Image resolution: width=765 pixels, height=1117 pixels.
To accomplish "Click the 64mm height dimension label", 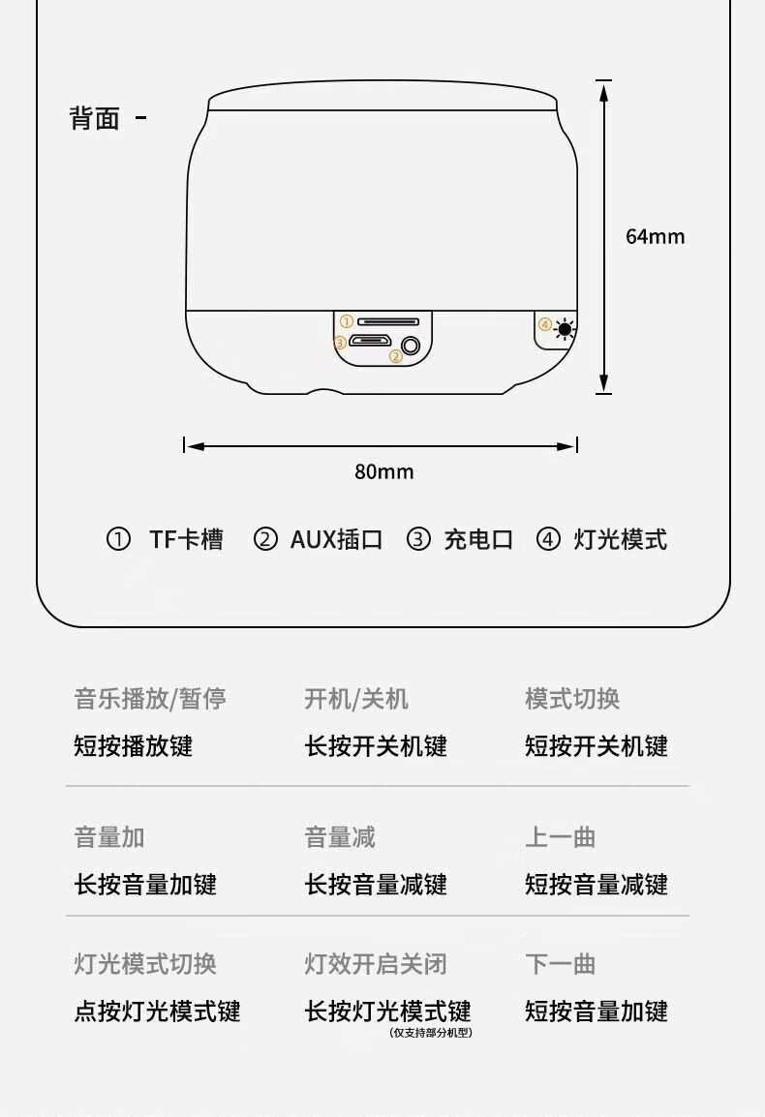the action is click(x=656, y=236).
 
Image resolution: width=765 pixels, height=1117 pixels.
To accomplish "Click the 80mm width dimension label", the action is click(x=384, y=471).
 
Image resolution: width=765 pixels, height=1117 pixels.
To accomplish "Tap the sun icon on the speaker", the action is click(x=566, y=329).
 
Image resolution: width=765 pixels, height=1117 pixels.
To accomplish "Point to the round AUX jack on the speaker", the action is click(x=411, y=347).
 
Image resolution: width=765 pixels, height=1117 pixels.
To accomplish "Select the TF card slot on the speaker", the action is click(x=388, y=322).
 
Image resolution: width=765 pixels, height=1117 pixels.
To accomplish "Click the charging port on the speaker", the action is click(x=369, y=341).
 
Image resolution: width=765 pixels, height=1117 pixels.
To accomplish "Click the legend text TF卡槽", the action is click(x=186, y=539).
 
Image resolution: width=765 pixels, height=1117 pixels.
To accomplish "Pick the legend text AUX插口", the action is click(x=337, y=539).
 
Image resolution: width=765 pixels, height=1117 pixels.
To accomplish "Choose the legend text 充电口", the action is click(x=478, y=539).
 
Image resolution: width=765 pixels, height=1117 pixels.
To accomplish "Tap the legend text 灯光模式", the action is click(x=621, y=539).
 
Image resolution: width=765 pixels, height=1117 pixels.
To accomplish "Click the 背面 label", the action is click(x=94, y=118).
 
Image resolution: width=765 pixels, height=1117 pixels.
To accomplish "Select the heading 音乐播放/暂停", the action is click(x=150, y=699).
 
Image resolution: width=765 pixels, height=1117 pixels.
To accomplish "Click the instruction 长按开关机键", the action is click(x=376, y=746).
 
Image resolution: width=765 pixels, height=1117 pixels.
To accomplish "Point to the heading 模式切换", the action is click(x=572, y=699).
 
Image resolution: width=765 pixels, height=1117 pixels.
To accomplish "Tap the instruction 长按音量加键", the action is click(x=145, y=884).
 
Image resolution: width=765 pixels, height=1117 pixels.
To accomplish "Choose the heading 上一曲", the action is click(x=561, y=837).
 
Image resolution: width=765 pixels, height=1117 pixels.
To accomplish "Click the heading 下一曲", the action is click(x=561, y=964).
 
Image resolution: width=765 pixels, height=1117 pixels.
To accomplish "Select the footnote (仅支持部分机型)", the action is click(x=431, y=1032).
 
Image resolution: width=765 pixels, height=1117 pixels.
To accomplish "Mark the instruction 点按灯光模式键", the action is click(x=158, y=1011).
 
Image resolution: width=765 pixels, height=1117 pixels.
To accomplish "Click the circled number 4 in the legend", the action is click(x=548, y=539).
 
